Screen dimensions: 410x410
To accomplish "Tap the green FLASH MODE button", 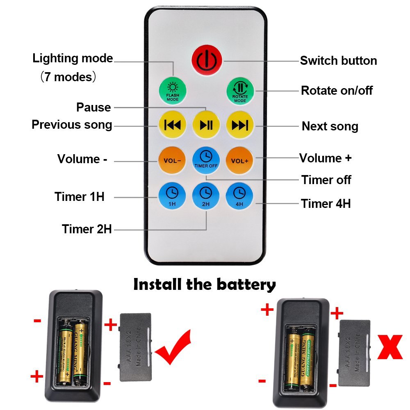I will click(173, 91).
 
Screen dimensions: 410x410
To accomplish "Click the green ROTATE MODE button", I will click(240, 91).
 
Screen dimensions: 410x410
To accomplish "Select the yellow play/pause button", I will click(206, 125).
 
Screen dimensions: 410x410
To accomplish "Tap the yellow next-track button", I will click(240, 125).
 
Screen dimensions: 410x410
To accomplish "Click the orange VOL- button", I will click(172, 160).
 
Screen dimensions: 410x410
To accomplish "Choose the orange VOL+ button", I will click(240, 160).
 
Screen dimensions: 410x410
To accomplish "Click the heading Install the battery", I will click(205, 284).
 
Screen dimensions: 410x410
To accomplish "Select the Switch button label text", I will click(338, 61).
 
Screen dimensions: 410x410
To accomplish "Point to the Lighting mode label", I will click(73, 58).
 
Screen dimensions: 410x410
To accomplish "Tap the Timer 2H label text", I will click(87, 229).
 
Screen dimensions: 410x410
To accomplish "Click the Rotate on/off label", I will click(337, 90).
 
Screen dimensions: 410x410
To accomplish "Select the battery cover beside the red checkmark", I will click(136, 347).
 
